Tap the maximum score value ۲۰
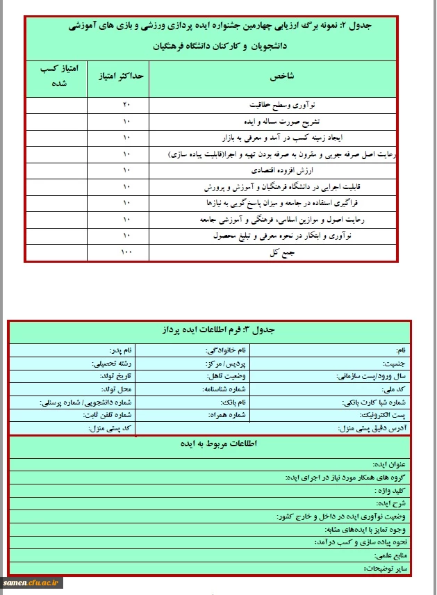point(126,106)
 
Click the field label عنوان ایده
point(392,464)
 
